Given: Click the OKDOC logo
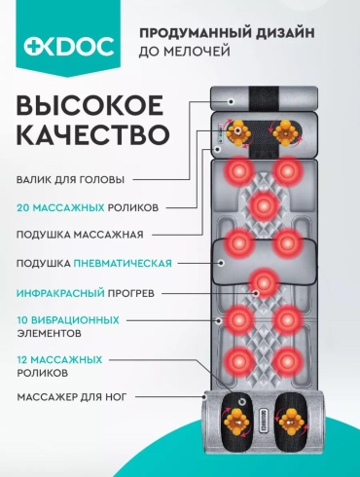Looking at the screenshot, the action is click(x=69, y=46).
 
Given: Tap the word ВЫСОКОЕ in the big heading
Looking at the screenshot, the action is click(x=90, y=105).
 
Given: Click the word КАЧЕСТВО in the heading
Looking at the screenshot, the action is click(x=93, y=134).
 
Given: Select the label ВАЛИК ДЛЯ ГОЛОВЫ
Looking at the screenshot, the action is click(x=70, y=180).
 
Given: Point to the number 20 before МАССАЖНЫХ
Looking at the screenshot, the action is click(x=23, y=207).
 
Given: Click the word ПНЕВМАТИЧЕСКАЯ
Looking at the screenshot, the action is click(x=123, y=263).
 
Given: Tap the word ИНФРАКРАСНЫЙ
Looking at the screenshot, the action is click(x=60, y=293).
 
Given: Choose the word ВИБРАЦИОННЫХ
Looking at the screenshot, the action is click(x=75, y=320).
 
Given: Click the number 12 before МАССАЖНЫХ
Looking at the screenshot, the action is click(x=22, y=360).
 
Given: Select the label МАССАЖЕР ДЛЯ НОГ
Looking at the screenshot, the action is click(x=71, y=397).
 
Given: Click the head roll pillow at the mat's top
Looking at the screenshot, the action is click(x=264, y=98).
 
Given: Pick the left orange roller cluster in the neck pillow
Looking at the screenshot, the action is click(x=238, y=132).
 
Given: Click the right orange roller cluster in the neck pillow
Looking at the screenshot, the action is click(x=286, y=132).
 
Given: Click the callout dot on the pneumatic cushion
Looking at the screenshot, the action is click(x=222, y=263).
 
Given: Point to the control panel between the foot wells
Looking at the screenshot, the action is click(x=264, y=422).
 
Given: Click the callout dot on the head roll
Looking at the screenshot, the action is click(x=231, y=101).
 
